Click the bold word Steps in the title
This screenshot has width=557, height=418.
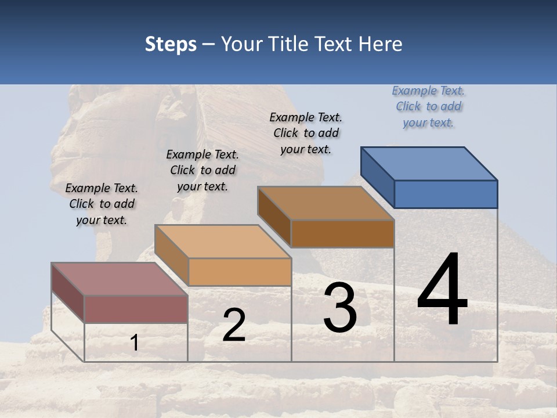pyautogui.click(x=171, y=44)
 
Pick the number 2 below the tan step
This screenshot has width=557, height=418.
pyautogui.click(x=234, y=325)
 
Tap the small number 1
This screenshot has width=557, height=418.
pyautogui.click(x=135, y=343)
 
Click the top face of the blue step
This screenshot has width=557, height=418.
pyautogui.click(x=429, y=163)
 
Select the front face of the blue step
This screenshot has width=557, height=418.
pyautogui.click(x=446, y=194)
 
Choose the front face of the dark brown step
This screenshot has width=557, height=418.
pyautogui.click(x=342, y=233)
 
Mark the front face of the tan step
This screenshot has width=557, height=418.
pyautogui.click(x=240, y=272)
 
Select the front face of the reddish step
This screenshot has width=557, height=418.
pyautogui.click(x=136, y=309)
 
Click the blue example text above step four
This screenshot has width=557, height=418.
pyautogui.click(x=428, y=106)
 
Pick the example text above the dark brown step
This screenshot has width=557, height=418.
pyautogui.click(x=306, y=133)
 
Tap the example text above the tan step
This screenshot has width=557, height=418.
pyautogui.click(x=202, y=170)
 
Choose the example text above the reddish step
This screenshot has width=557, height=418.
pyautogui.click(x=102, y=204)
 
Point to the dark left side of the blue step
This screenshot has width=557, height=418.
pyautogui.click(x=377, y=177)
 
